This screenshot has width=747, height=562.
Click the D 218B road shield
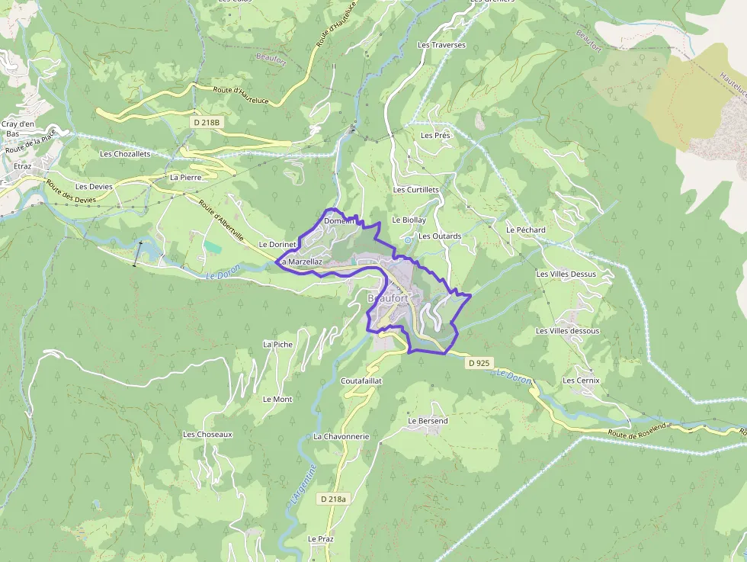point(206,122)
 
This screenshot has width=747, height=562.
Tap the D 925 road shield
point(479,364)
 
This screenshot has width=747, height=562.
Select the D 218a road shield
point(333,499)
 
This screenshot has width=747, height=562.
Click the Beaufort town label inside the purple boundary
point(389,297)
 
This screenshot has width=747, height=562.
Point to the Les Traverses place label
point(441,45)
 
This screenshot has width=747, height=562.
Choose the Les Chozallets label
point(125,153)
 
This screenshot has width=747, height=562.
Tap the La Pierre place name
point(184,177)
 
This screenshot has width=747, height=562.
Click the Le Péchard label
point(526,230)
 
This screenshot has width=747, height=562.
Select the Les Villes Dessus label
point(566,274)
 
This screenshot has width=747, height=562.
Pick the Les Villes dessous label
point(567,331)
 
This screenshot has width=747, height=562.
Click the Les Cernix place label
point(581,380)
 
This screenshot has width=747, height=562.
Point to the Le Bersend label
point(428,421)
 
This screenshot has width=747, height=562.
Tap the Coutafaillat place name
point(361,380)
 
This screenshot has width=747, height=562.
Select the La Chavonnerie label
point(341,437)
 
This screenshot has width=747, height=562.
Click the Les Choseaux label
point(207,434)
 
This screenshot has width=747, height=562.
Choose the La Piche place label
point(277,344)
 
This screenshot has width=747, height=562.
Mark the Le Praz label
point(321,538)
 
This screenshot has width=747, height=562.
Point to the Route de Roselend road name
point(639,430)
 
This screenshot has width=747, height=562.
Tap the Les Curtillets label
point(415,190)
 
